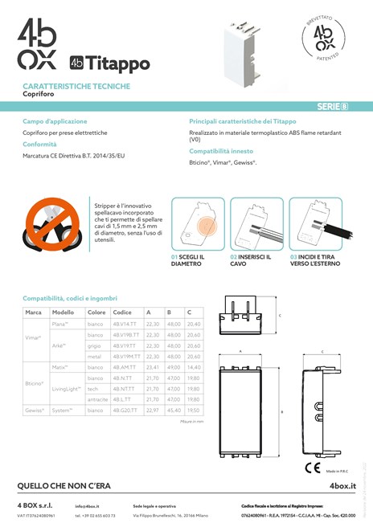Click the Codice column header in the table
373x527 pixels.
tap(122, 312)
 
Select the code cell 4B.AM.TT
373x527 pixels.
tap(125, 366)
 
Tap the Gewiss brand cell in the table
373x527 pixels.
tap(34, 410)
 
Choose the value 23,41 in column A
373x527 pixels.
tap(152, 366)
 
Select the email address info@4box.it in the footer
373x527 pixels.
tap(87, 506)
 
